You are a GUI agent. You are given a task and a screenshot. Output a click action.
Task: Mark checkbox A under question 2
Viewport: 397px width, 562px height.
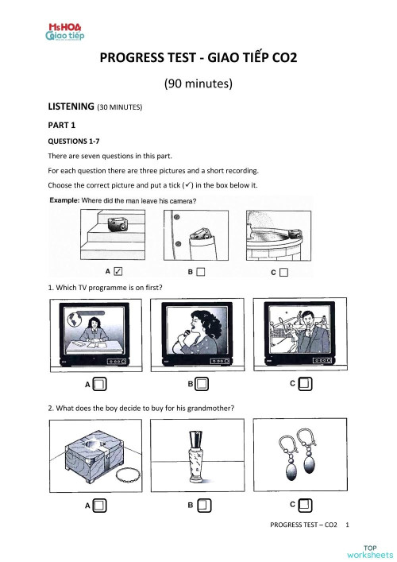point(99,504)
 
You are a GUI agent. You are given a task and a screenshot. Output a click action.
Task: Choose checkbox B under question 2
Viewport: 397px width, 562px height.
point(203,504)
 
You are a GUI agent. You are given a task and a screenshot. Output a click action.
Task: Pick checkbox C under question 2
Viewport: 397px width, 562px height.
point(306,504)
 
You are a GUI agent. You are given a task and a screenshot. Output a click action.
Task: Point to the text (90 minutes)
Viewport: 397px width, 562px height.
point(197,83)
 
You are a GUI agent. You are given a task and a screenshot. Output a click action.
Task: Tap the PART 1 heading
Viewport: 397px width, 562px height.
point(66,125)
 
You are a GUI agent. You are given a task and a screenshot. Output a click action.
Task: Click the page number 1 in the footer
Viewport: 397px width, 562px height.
point(348,525)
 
